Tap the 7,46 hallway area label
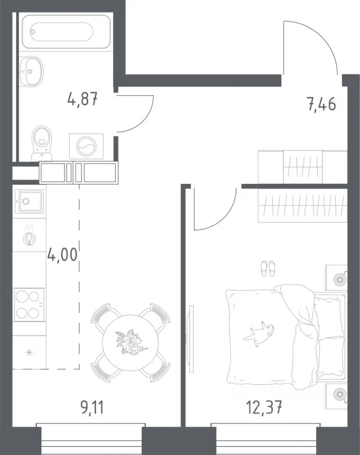click(x=322, y=104)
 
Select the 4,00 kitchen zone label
click(x=63, y=255)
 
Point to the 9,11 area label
click(x=92, y=408)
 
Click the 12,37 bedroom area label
click(x=264, y=408)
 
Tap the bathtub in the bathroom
click(x=66, y=32)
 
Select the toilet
click(x=42, y=143)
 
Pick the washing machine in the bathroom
click(x=86, y=146)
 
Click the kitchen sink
click(x=29, y=201)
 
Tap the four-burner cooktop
click(x=28, y=304)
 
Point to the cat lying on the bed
click(x=259, y=333)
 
